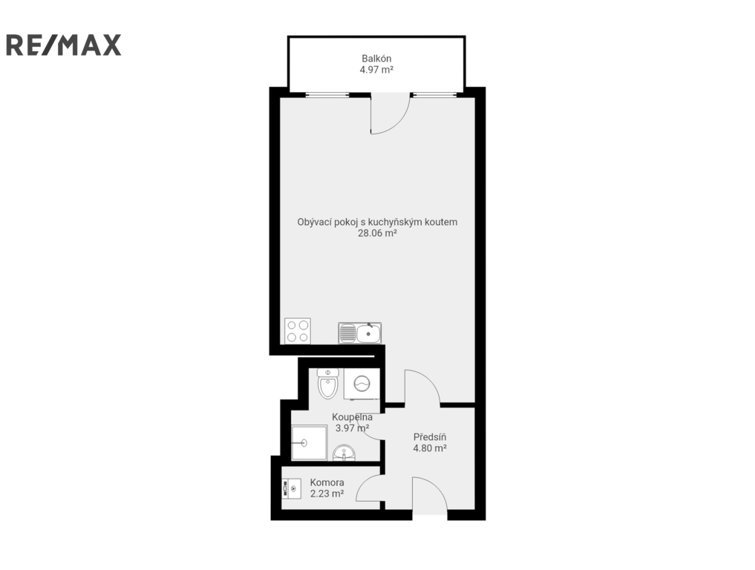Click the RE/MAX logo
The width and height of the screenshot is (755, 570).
[x=63, y=45]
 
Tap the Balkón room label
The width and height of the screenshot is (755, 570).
[x=376, y=59]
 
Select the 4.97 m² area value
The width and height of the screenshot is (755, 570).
[x=376, y=70]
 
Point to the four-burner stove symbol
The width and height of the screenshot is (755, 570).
[x=297, y=331]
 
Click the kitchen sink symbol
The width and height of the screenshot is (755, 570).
[x=360, y=332]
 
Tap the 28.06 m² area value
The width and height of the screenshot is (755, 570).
[x=377, y=234]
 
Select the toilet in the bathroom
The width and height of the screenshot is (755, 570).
[x=328, y=383]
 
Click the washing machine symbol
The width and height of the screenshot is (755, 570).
[x=362, y=384]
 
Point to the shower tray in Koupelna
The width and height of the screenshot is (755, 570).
[x=310, y=442]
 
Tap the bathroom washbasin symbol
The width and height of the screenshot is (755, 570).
[x=344, y=453]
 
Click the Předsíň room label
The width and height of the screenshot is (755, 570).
[x=430, y=437]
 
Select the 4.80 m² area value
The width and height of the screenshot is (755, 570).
[x=430, y=448]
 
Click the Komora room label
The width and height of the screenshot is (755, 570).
[x=327, y=482]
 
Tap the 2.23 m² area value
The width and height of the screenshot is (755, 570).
[x=327, y=494]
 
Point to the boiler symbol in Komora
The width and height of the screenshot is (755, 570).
[x=292, y=488]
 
